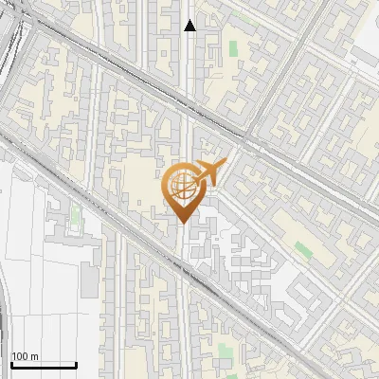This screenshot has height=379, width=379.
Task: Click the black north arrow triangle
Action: (x=190, y=26)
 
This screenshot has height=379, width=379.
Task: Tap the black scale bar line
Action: (x=44, y=365)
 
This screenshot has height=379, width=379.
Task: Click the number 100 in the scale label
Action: (x=21, y=356)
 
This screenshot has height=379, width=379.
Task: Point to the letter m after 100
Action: (x=35, y=356)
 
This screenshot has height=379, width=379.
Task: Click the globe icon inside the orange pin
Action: (x=182, y=185)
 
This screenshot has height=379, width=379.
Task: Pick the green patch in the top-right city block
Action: (x=233, y=48)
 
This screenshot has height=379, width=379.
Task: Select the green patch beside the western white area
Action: (x=75, y=217)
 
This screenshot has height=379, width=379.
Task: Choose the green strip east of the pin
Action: (x=303, y=249)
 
